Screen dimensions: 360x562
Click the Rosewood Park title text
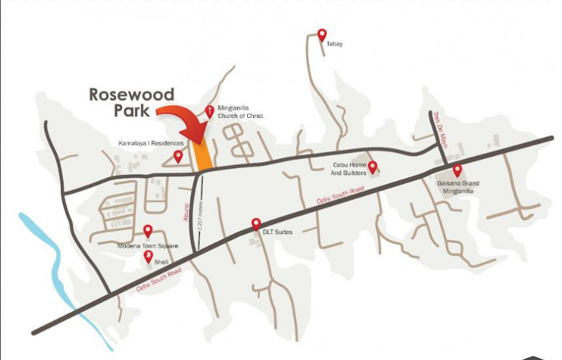click(131, 102)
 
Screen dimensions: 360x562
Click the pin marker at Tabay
click(322, 34)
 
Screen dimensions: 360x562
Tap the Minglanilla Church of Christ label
click(240, 111)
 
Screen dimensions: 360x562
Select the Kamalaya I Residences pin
click(178, 156)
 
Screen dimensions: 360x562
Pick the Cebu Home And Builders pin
click(372, 166)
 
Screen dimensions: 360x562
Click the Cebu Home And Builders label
click(349, 169)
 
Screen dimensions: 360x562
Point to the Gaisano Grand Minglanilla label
click(458, 187)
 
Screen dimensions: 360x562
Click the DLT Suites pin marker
click(256, 224)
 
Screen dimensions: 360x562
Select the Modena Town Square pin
click(148, 231)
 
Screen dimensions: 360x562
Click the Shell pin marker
click(148, 256)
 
